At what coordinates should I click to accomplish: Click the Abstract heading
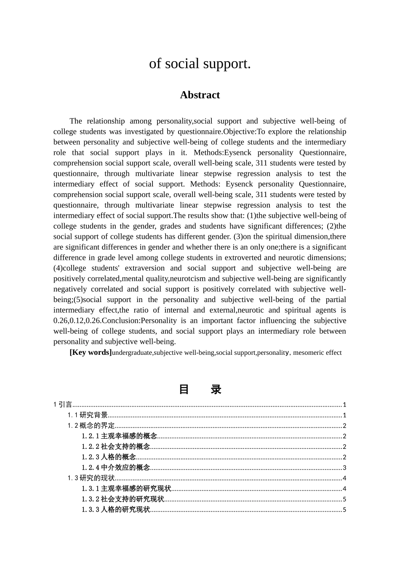pos(200,95)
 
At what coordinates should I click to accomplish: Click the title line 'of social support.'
pos(200,64)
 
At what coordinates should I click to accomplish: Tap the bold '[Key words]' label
pos(91,352)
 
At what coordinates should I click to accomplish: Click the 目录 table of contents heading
pos(200,389)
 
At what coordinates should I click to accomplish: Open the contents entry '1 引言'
pos(63,405)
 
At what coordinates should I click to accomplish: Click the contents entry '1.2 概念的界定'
pos(91,426)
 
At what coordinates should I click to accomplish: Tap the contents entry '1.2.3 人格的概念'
pos(109,457)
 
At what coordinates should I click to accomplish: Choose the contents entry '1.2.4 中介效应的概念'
pos(116,467)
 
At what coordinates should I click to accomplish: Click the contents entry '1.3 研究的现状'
pos(91,478)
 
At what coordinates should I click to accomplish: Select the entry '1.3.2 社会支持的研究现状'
pos(123,499)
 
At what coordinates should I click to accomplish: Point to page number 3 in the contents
pos(344,468)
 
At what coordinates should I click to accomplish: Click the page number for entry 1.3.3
pos(344,510)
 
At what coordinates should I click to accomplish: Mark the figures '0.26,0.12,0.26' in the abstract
pos(77,321)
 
